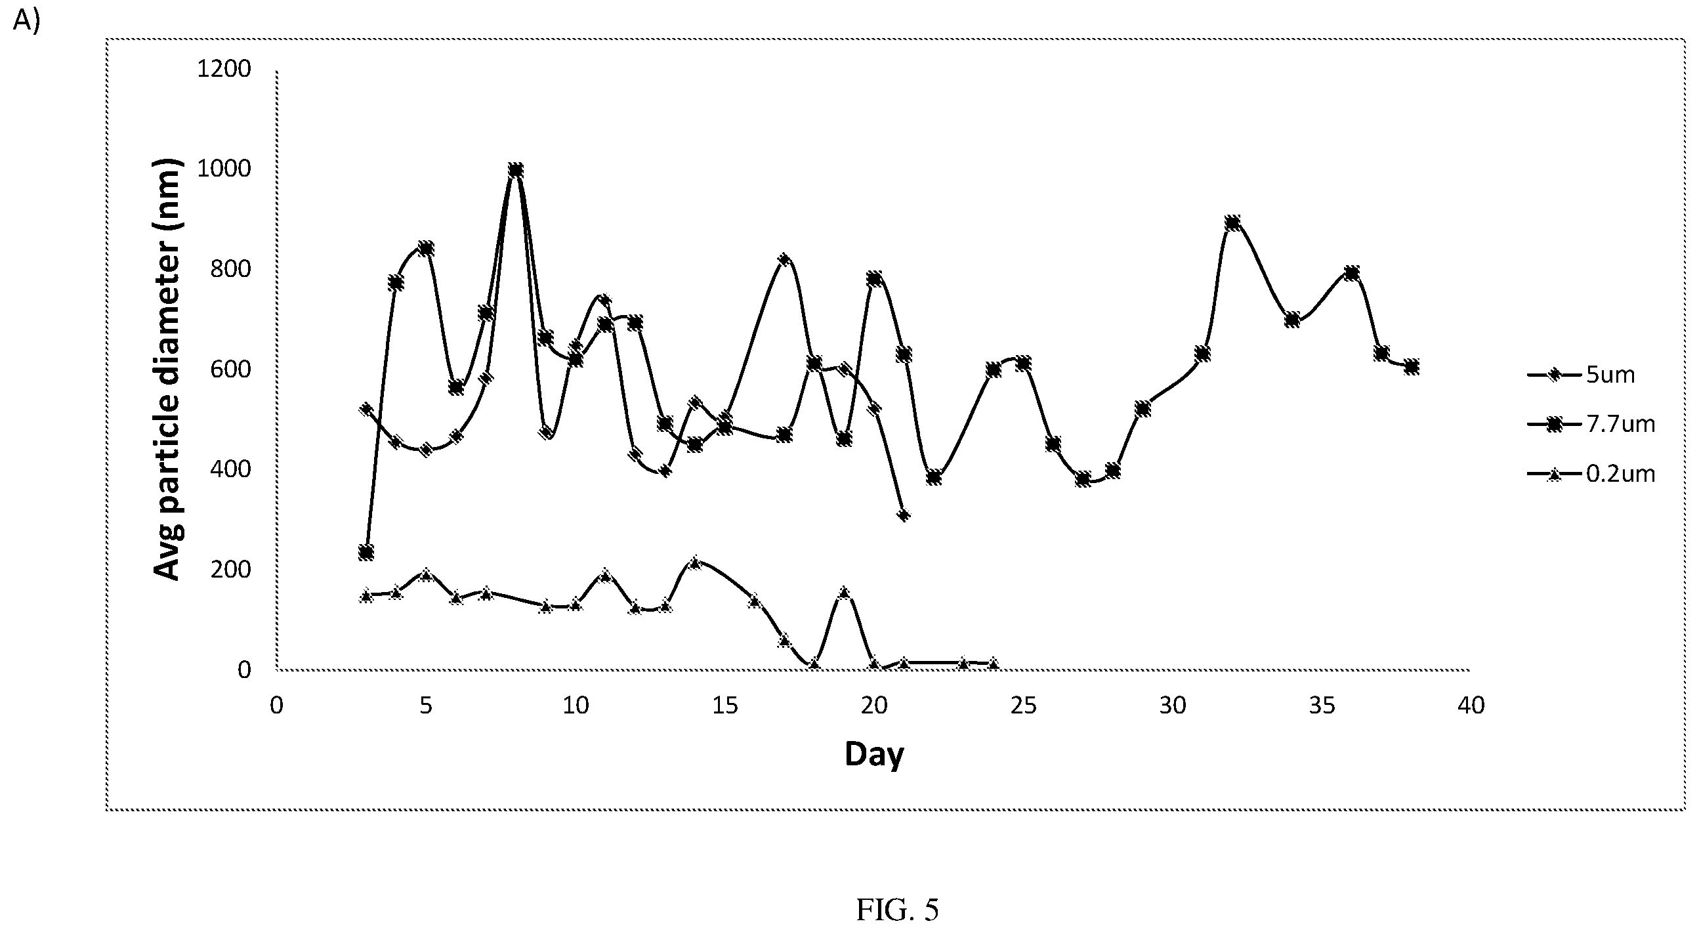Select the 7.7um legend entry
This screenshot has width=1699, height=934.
point(1591,424)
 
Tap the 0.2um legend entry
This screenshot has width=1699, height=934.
point(1591,474)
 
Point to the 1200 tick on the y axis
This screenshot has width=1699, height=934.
point(224,69)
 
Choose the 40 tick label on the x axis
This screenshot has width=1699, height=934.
point(1471,706)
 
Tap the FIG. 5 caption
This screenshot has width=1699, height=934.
point(897,910)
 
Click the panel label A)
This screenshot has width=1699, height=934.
point(26,20)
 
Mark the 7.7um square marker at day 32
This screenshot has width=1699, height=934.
point(1232,223)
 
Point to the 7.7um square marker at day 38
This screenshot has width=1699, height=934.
point(1412,367)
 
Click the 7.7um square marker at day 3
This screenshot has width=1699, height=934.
point(366,552)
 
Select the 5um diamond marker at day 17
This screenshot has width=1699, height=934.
point(784,260)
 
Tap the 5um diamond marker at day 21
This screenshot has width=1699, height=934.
point(904,515)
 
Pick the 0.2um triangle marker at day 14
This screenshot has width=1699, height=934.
point(694,563)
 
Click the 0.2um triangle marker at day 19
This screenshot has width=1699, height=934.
point(844,592)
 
